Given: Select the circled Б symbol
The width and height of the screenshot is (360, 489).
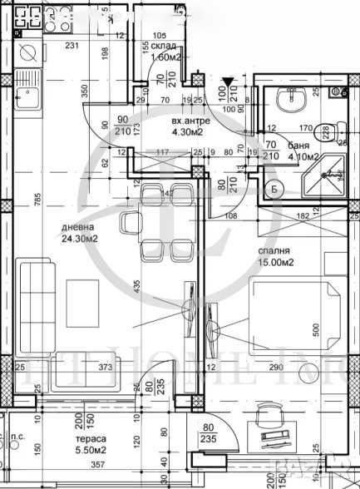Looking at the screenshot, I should [x=274, y=187].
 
